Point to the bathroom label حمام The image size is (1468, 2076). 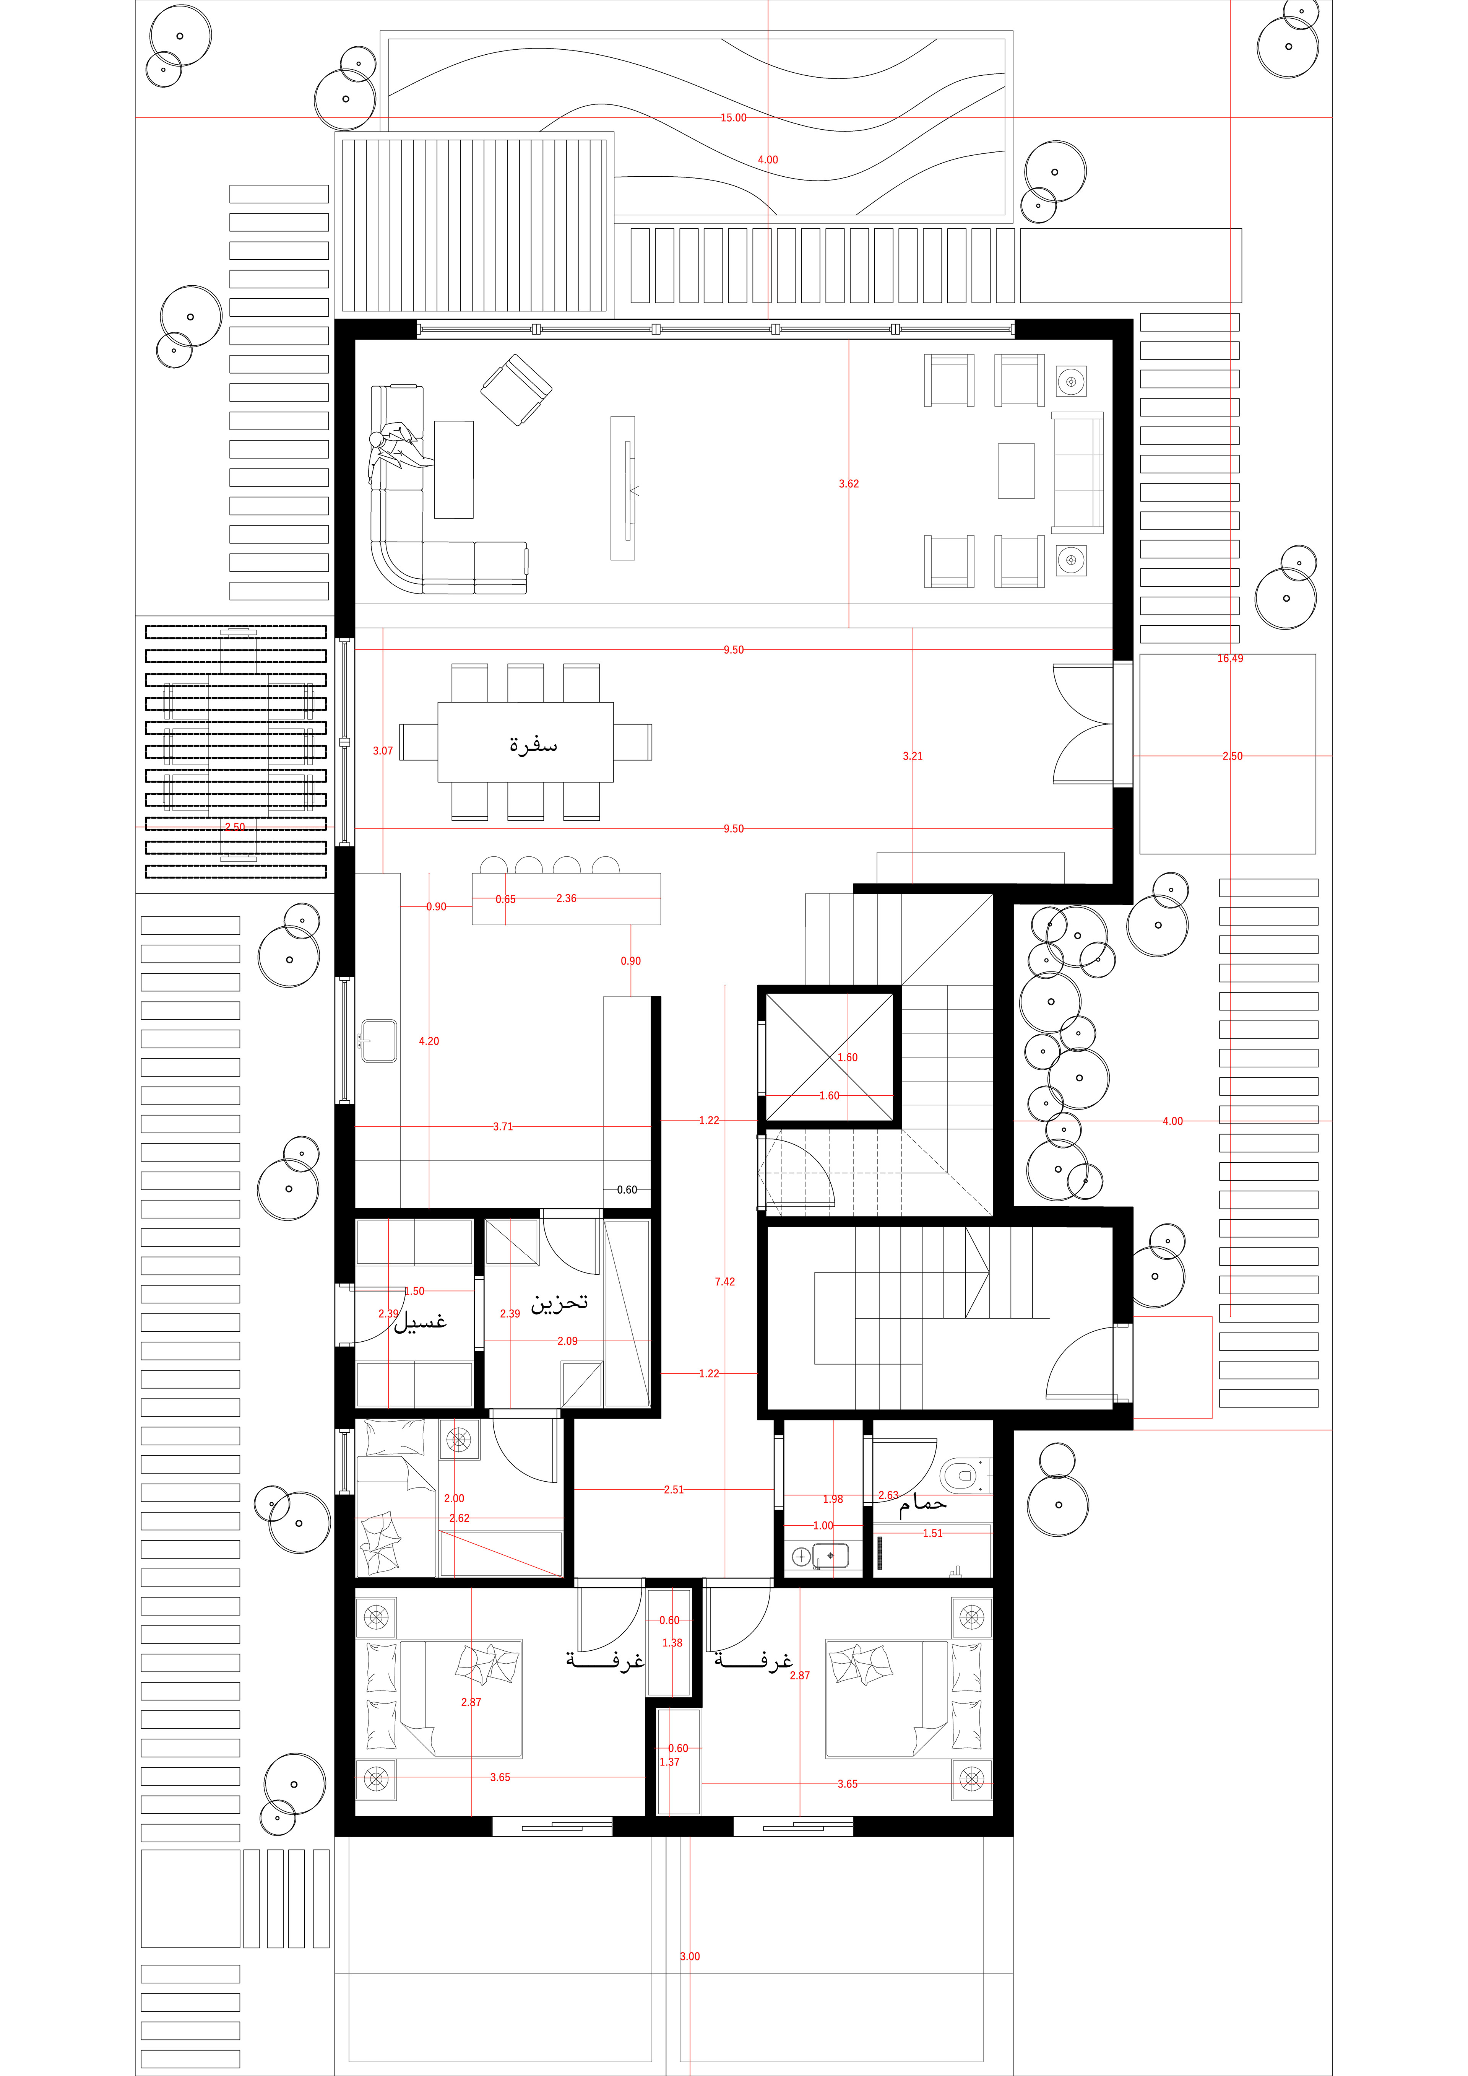click(x=923, y=1503)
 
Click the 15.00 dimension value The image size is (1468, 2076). click(x=733, y=117)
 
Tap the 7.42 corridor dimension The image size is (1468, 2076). click(x=725, y=1281)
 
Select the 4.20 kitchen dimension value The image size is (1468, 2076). click(x=429, y=1041)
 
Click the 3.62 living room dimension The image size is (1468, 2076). click(x=849, y=484)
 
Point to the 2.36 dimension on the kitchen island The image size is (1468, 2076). click(x=566, y=898)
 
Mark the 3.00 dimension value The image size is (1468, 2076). click(x=690, y=1956)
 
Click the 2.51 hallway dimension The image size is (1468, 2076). click(x=674, y=1489)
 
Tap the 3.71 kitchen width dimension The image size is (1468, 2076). click(x=503, y=1127)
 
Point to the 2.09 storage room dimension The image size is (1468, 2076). click(x=567, y=1341)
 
